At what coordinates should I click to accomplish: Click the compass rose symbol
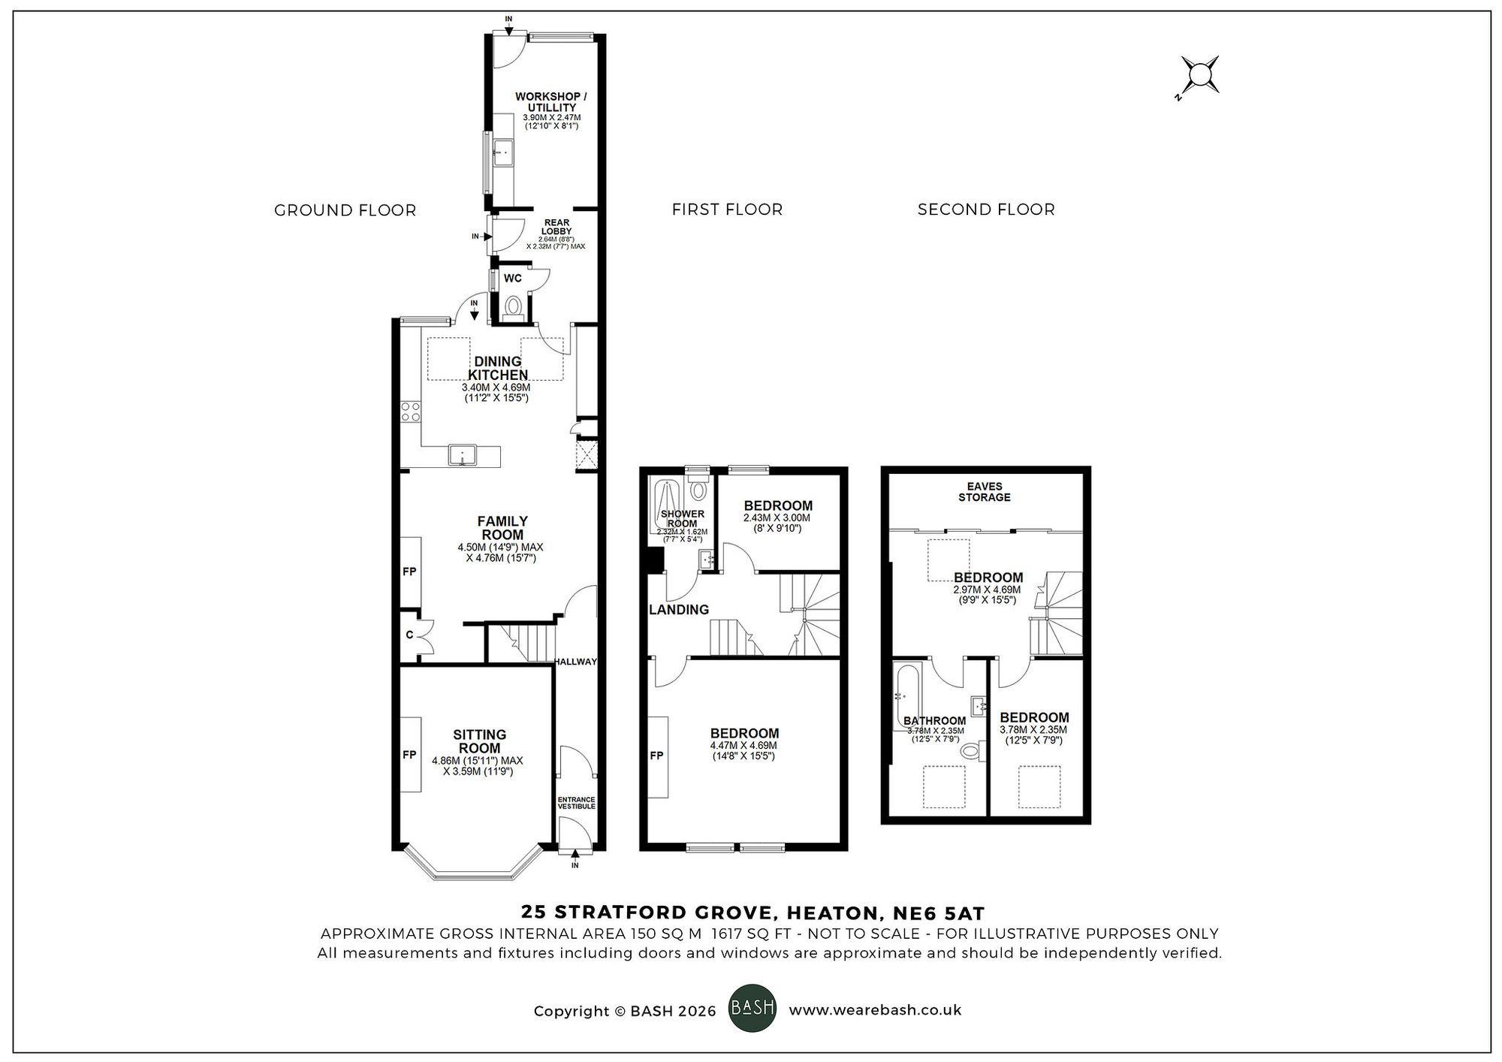[1199, 75]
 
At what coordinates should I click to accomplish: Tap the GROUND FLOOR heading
[345, 210]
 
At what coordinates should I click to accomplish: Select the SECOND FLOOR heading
[985, 210]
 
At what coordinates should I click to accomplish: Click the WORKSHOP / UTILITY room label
[551, 102]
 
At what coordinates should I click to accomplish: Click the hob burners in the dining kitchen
[410, 412]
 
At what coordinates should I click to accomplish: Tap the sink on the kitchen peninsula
[463, 455]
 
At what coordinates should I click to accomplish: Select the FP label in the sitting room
[409, 755]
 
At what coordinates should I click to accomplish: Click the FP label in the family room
[409, 572]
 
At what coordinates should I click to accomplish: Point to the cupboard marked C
[410, 635]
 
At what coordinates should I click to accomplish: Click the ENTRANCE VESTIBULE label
[576, 803]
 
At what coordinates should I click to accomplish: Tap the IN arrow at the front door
[575, 856]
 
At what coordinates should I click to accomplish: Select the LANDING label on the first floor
[679, 610]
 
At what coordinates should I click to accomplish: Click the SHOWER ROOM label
[682, 519]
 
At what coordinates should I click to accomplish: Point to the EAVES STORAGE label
[984, 492]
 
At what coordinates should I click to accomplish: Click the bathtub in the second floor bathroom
[903, 695]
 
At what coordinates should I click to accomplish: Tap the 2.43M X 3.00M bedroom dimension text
[777, 518]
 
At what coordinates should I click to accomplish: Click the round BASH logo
[753, 1009]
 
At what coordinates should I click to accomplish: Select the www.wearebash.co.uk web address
[875, 1010]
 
